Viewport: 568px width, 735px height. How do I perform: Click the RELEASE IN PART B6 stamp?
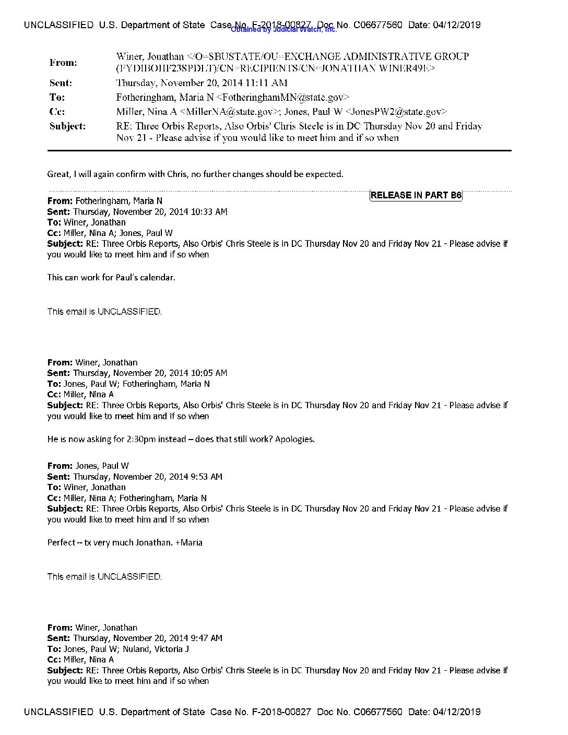pos(416,195)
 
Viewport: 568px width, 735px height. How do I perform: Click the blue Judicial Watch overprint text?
pos(284,30)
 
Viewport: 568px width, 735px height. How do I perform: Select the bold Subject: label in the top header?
pos(67,126)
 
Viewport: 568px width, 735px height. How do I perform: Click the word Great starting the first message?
pos(58,174)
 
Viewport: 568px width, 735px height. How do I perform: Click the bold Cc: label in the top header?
pos(57,112)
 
